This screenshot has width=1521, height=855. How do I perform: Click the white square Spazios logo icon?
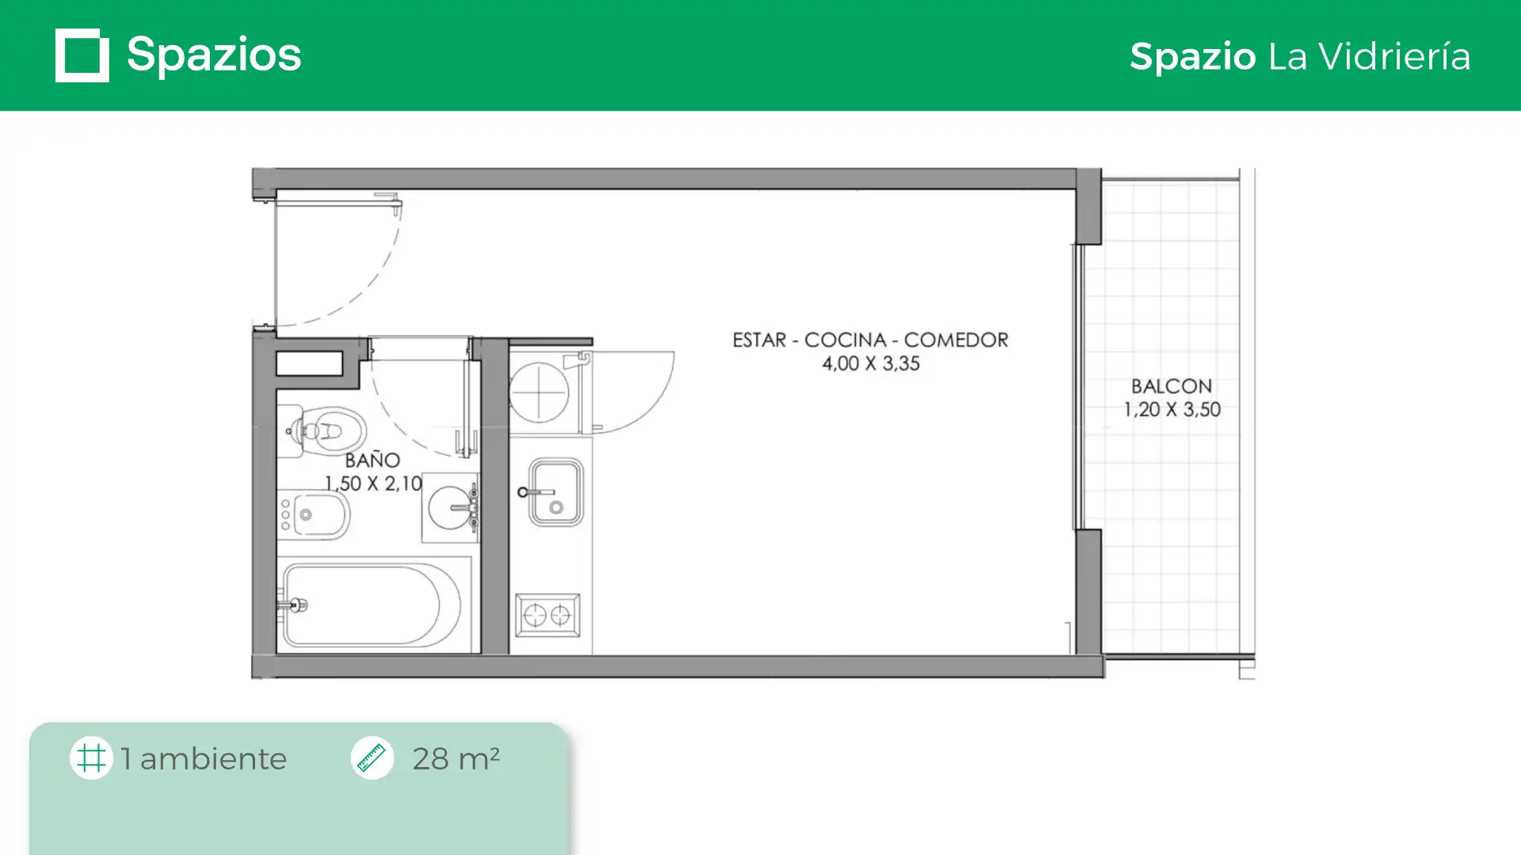82,55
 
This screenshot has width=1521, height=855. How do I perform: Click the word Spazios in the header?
214,55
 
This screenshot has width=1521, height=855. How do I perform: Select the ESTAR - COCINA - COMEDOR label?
870,340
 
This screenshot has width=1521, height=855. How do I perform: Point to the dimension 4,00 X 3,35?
871,363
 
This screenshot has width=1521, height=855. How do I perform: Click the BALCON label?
1172,386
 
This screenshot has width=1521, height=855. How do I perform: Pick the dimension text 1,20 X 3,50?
1172,409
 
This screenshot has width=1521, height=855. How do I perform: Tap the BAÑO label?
372,459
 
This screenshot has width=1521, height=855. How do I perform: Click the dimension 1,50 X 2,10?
373,483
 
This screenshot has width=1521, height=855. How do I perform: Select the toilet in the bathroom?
322,431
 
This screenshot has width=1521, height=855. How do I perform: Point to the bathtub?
371,606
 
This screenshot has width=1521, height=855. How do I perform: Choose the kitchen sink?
555,492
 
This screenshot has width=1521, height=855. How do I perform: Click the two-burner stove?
547,615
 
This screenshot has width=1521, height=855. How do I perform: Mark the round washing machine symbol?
539,391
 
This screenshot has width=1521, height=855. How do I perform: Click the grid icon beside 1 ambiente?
91,758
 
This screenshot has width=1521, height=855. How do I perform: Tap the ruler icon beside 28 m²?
372,758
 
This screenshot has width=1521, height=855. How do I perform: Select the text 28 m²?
456,758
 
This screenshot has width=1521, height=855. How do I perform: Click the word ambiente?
213,758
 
